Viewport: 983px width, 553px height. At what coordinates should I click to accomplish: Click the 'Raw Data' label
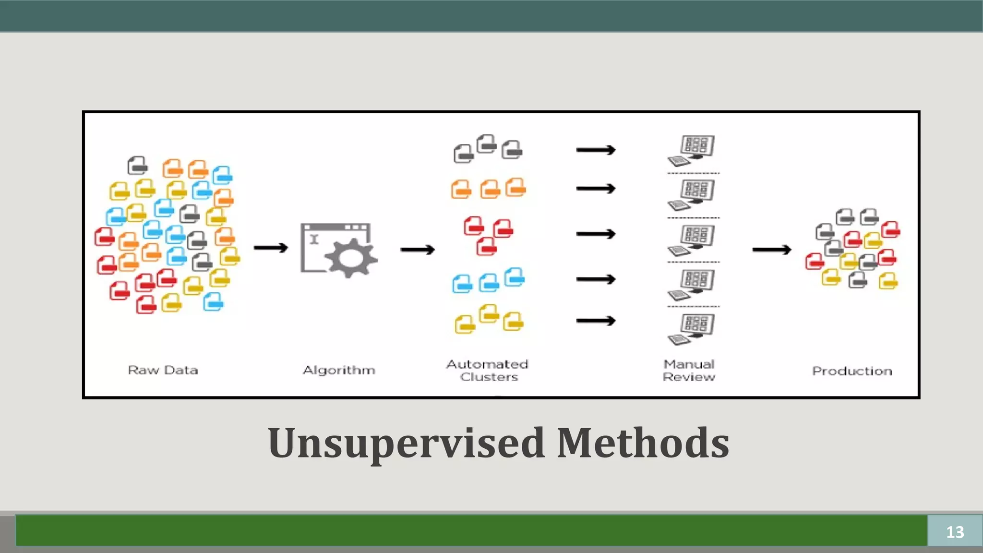[x=163, y=370]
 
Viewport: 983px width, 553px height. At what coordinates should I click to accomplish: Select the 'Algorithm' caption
[x=339, y=370]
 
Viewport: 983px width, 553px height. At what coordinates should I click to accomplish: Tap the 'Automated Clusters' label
[x=488, y=371]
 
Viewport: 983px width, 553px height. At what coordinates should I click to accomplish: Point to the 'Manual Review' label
[x=689, y=371]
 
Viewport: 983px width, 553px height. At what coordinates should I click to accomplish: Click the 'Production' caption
[x=852, y=371]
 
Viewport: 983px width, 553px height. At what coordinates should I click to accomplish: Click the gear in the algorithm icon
[x=351, y=258]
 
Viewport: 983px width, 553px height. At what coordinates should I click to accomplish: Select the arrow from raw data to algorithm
[x=271, y=248]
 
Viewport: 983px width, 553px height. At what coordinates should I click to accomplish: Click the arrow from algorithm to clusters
[x=418, y=250]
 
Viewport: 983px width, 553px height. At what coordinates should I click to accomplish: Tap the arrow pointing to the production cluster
[x=771, y=250]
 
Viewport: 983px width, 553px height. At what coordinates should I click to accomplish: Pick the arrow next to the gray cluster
[x=596, y=150]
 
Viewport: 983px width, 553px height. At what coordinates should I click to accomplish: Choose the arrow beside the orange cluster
[x=596, y=189]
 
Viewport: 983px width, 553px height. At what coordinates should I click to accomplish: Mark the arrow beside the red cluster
[x=596, y=234]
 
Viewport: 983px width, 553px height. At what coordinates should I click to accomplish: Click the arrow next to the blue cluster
[x=596, y=279]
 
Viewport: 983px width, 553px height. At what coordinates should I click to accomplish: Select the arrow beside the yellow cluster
[x=596, y=321]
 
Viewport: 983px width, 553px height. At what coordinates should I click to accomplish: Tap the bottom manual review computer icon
[x=692, y=329]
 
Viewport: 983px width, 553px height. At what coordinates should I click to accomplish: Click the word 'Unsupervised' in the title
[x=406, y=443]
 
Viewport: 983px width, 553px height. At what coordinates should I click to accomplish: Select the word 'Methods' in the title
[x=643, y=443]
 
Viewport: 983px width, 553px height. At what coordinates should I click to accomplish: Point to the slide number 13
[x=955, y=532]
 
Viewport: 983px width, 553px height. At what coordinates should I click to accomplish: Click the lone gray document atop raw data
[x=138, y=166]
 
